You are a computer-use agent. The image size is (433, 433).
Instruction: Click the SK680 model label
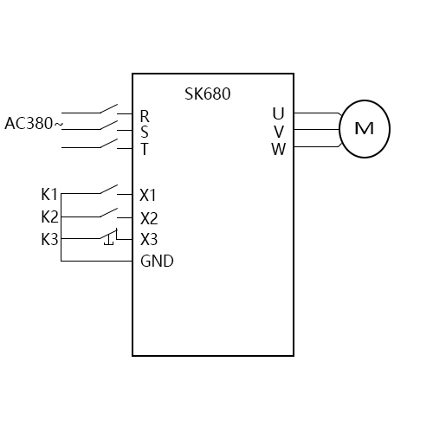[x=208, y=94]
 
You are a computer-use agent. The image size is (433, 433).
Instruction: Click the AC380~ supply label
[x=34, y=124]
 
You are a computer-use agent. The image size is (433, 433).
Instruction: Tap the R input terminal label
[x=145, y=115]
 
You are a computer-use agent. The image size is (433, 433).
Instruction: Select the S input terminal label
[x=145, y=132]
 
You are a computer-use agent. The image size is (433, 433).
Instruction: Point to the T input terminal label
[x=145, y=148]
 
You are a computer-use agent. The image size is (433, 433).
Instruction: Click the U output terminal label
[x=278, y=113]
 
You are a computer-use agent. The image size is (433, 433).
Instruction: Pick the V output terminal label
[x=278, y=131]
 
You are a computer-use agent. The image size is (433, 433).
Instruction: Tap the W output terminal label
[x=278, y=148]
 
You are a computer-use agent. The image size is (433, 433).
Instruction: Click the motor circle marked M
[x=364, y=129]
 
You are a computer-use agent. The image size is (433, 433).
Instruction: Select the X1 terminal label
[x=149, y=194]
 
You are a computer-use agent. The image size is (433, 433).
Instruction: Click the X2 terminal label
[x=149, y=217]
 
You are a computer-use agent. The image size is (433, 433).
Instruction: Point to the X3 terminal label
[x=149, y=239]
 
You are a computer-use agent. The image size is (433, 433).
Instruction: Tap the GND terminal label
[x=157, y=261]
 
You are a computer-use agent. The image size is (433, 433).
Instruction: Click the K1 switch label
[x=49, y=194]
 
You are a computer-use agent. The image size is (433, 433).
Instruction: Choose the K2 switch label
[x=49, y=216]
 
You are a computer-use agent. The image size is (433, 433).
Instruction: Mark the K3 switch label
[x=49, y=239]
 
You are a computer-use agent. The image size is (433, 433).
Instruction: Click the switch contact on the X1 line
[x=109, y=189]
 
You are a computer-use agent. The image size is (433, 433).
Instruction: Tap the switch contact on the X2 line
[x=109, y=212]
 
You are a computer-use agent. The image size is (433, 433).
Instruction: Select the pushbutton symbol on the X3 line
[x=109, y=236]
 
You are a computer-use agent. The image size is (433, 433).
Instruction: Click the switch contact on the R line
[x=109, y=110]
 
